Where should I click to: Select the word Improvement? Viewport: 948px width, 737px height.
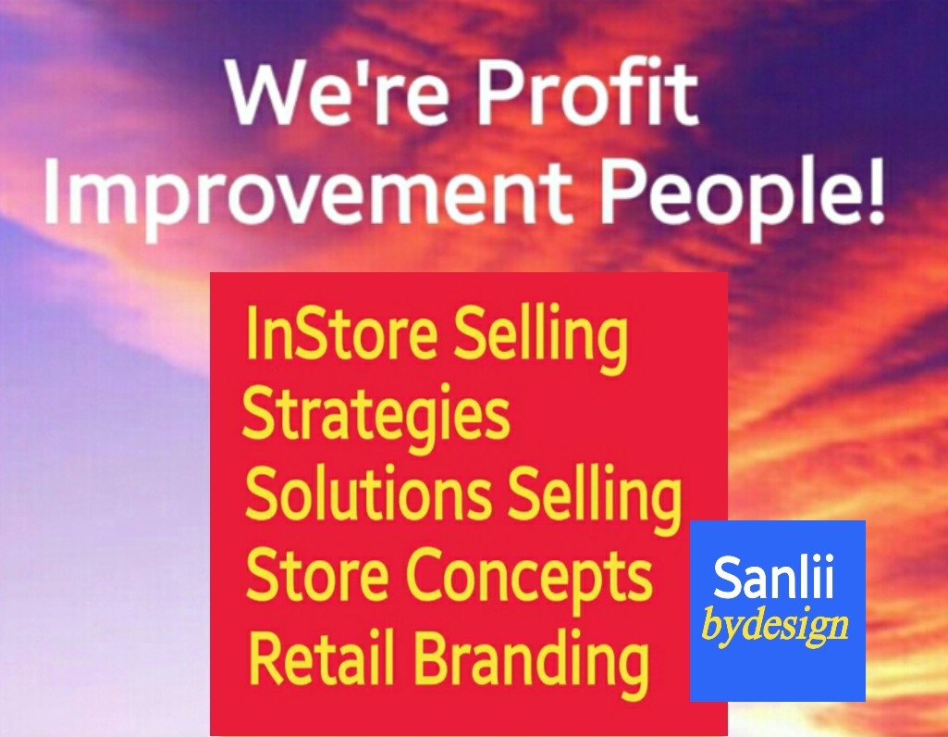coord(307,194)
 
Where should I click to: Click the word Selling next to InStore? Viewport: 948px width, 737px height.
coord(542,338)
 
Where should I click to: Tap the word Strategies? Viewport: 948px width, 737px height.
coord(376,417)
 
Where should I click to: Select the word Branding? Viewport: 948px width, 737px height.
coord(532,661)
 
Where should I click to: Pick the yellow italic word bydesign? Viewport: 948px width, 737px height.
coord(774,625)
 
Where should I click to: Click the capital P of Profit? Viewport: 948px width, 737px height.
coord(499,92)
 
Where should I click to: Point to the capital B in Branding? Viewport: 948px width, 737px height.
coord(434,656)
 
